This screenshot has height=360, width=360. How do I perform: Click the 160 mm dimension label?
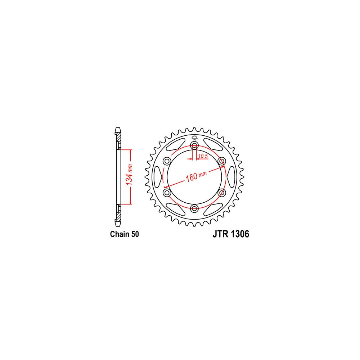click(196, 176)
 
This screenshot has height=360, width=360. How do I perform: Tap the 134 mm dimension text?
click(130, 175)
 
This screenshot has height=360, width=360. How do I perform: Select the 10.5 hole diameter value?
click(203, 156)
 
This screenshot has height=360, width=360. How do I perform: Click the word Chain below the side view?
click(120, 234)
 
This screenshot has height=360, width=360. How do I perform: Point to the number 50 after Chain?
click(135, 234)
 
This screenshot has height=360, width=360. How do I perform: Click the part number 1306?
click(240, 234)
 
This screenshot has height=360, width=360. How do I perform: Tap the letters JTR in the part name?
click(221, 234)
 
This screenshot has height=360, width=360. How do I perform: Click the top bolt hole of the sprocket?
click(194, 145)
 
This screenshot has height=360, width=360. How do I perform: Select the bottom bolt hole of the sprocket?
click(194, 208)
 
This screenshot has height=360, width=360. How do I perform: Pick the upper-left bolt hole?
click(167, 161)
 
